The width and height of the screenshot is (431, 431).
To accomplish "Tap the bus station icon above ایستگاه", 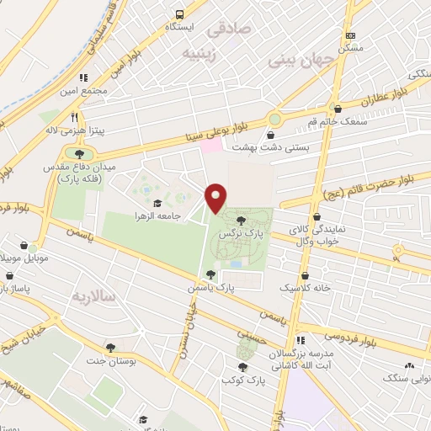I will point(179,14).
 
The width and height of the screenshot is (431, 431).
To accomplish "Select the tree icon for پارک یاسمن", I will point(210,274).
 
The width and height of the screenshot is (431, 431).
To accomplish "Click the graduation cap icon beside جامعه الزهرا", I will point(157,203).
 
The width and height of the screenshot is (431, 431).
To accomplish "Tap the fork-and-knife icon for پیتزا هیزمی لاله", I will point(75,117).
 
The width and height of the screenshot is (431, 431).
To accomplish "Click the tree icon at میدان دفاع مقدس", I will point(79,154).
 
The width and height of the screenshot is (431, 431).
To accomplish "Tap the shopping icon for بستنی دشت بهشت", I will point(272,134).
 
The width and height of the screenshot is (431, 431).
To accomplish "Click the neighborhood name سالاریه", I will point(90,296).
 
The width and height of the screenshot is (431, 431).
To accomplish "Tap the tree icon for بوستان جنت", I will point(110,347).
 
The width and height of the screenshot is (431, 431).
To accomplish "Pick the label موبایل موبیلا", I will point(20,254).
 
